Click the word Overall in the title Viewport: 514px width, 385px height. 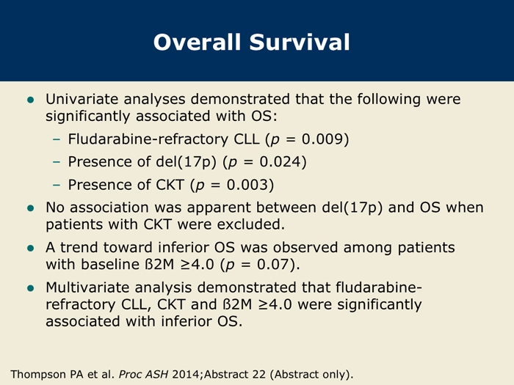pos(197,43)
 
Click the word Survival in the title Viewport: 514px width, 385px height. pos(300,43)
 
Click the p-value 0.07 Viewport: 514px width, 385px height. pos(272,265)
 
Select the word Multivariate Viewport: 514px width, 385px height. pos(87,287)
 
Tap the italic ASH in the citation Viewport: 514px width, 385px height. pos(156,374)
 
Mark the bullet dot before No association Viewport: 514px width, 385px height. pos(31,208)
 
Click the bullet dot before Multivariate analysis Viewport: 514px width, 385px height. pos(31,288)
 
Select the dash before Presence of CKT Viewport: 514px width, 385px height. pos(57,186)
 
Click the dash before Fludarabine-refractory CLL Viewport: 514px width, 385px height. pos(57,139)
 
